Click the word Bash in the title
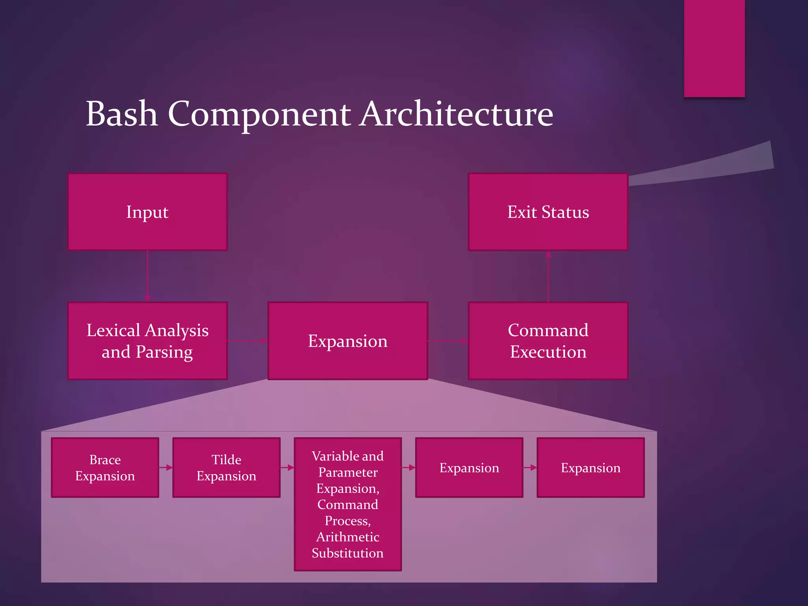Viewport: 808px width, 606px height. [122, 114]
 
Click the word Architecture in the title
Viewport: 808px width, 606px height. [456, 114]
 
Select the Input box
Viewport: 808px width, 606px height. [148, 212]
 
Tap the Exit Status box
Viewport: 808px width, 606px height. [548, 212]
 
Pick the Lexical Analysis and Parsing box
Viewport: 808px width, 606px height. [148, 341]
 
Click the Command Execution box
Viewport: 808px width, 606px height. [548, 341]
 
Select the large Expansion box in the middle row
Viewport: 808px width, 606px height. [348, 341]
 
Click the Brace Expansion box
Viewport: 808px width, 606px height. [105, 468]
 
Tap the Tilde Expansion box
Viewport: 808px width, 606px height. [226, 468]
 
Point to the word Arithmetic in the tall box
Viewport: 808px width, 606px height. [348, 537]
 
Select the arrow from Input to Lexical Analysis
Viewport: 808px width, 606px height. [148, 276]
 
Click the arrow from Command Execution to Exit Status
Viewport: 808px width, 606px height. [548, 276]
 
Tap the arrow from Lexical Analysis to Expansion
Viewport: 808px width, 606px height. [248, 341]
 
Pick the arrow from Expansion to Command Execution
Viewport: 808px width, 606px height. [448, 341]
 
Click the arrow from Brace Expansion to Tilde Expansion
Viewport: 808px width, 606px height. [166, 468]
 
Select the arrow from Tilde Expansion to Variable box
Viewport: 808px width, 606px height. [287, 468]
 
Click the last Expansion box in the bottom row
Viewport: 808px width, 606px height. [591, 468]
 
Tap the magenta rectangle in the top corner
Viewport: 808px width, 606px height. [714, 47]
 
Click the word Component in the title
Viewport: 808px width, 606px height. [259, 114]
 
